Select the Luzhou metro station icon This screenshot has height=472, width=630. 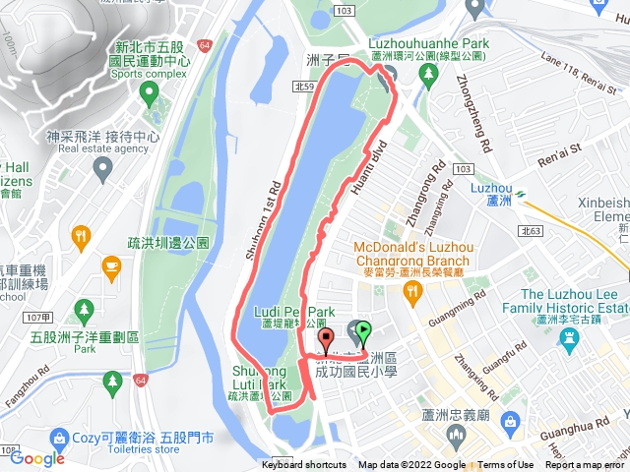(519, 193)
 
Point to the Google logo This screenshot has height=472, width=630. (37, 457)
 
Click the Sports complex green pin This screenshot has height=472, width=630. (149, 94)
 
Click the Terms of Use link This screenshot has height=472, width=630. (506, 465)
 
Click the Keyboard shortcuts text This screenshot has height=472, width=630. (304, 465)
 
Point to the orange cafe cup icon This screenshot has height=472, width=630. (111, 265)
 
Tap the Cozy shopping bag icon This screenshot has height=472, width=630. (59, 436)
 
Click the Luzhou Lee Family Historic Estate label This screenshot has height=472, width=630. (574, 301)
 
